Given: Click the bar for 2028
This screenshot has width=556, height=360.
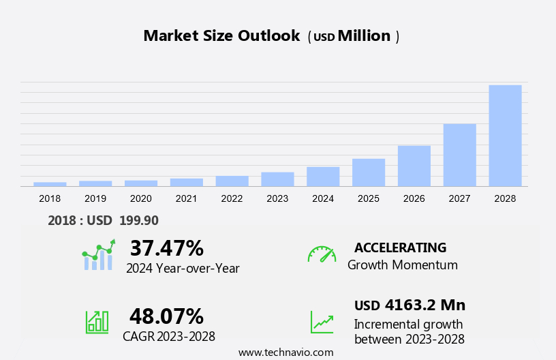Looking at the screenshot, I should pos(505,135).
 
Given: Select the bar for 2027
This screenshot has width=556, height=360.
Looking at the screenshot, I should pos(459,155).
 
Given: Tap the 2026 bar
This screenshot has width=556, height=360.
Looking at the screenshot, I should pos(414,166).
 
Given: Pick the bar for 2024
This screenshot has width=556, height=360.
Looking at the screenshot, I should pos(323,177).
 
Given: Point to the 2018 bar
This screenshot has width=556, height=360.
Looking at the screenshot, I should pos(50,184).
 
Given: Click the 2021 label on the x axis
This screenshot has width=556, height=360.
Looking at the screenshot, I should pos(186,198).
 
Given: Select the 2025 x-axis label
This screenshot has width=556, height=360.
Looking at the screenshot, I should pos(369,198).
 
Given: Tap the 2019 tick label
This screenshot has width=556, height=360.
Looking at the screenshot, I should pos(95,198).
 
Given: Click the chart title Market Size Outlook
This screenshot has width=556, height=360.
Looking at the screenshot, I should pos(221,36).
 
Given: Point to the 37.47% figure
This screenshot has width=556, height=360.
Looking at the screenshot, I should pos(166,248).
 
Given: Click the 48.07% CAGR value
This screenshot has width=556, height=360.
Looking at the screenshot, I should pos(166,316).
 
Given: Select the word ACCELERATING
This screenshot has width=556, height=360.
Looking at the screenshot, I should pos(400,247).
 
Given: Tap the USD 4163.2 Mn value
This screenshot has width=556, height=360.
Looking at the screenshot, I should pos(410,305).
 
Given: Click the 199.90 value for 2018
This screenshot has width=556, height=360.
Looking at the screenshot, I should pos(138,220).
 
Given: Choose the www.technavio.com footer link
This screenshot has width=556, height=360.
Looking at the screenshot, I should pos(285,352).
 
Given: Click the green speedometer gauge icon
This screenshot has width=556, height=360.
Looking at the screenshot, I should pos(322,254).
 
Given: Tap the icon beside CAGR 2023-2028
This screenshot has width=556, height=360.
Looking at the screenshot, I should pos(97,322).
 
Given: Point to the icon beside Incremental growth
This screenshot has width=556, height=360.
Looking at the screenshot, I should pos(322,322).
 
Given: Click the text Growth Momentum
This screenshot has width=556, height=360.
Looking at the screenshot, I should pos(402,265).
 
